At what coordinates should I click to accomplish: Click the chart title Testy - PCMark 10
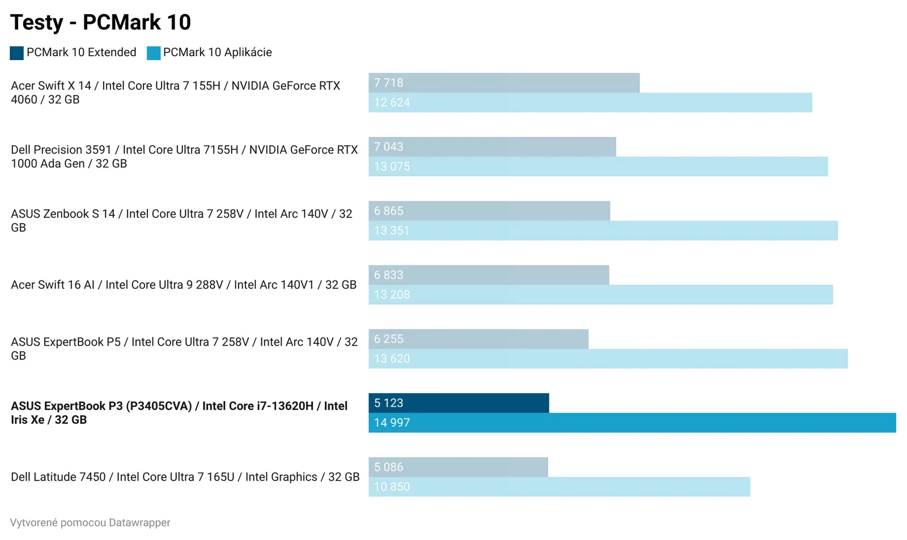[x=100, y=23]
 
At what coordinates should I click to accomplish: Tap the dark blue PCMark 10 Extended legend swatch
[x=16, y=53]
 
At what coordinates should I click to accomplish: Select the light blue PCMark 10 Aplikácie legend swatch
[x=154, y=53]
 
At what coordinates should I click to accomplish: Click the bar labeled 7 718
[x=504, y=83]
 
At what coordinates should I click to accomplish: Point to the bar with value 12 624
[x=590, y=103]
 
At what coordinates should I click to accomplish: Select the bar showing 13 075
[x=598, y=167]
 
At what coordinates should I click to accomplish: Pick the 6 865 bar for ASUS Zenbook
[x=489, y=211]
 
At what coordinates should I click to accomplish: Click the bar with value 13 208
[x=600, y=295]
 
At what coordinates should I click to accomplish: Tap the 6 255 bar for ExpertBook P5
[x=478, y=339]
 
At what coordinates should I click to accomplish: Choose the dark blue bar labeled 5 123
[x=459, y=403]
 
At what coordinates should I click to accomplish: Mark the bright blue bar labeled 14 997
[x=632, y=423]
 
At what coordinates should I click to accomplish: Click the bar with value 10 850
[x=559, y=487]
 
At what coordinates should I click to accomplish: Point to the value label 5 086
[x=389, y=467]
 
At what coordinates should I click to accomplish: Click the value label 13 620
[x=392, y=359]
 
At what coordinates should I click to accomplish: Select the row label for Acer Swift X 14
[x=175, y=92]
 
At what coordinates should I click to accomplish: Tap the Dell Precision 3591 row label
[x=184, y=156]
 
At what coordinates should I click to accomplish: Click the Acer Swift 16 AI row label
[x=184, y=284]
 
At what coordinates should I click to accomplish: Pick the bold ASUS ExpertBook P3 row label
[x=179, y=413]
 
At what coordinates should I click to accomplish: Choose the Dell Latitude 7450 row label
[x=185, y=477]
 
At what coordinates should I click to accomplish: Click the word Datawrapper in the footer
[x=139, y=523]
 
